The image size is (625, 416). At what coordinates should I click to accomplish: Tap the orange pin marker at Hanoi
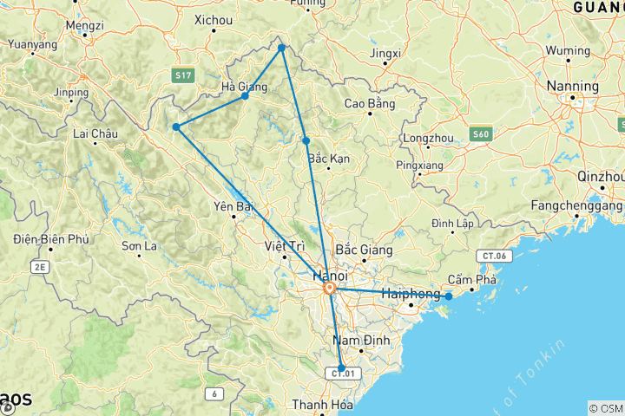(330, 289)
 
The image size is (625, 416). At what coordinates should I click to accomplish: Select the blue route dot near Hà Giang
(246, 95)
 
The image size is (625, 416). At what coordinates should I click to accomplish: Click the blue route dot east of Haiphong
(449, 296)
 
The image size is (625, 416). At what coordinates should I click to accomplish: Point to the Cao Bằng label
(369, 104)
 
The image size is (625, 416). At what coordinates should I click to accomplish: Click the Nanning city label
(572, 87)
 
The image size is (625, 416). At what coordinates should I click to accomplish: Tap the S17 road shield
(181, 76)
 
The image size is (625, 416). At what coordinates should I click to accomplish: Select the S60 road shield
(481, 133)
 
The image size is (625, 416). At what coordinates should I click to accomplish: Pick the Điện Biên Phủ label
(51, 239)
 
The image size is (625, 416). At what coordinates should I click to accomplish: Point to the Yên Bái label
(232, 206)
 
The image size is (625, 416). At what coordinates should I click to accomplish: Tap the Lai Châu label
(95, 133)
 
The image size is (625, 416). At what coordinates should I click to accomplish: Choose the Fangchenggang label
(576, 206)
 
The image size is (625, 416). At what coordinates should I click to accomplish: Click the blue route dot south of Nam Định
(341, 367)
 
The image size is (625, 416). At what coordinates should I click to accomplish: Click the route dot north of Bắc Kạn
(306, 140)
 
